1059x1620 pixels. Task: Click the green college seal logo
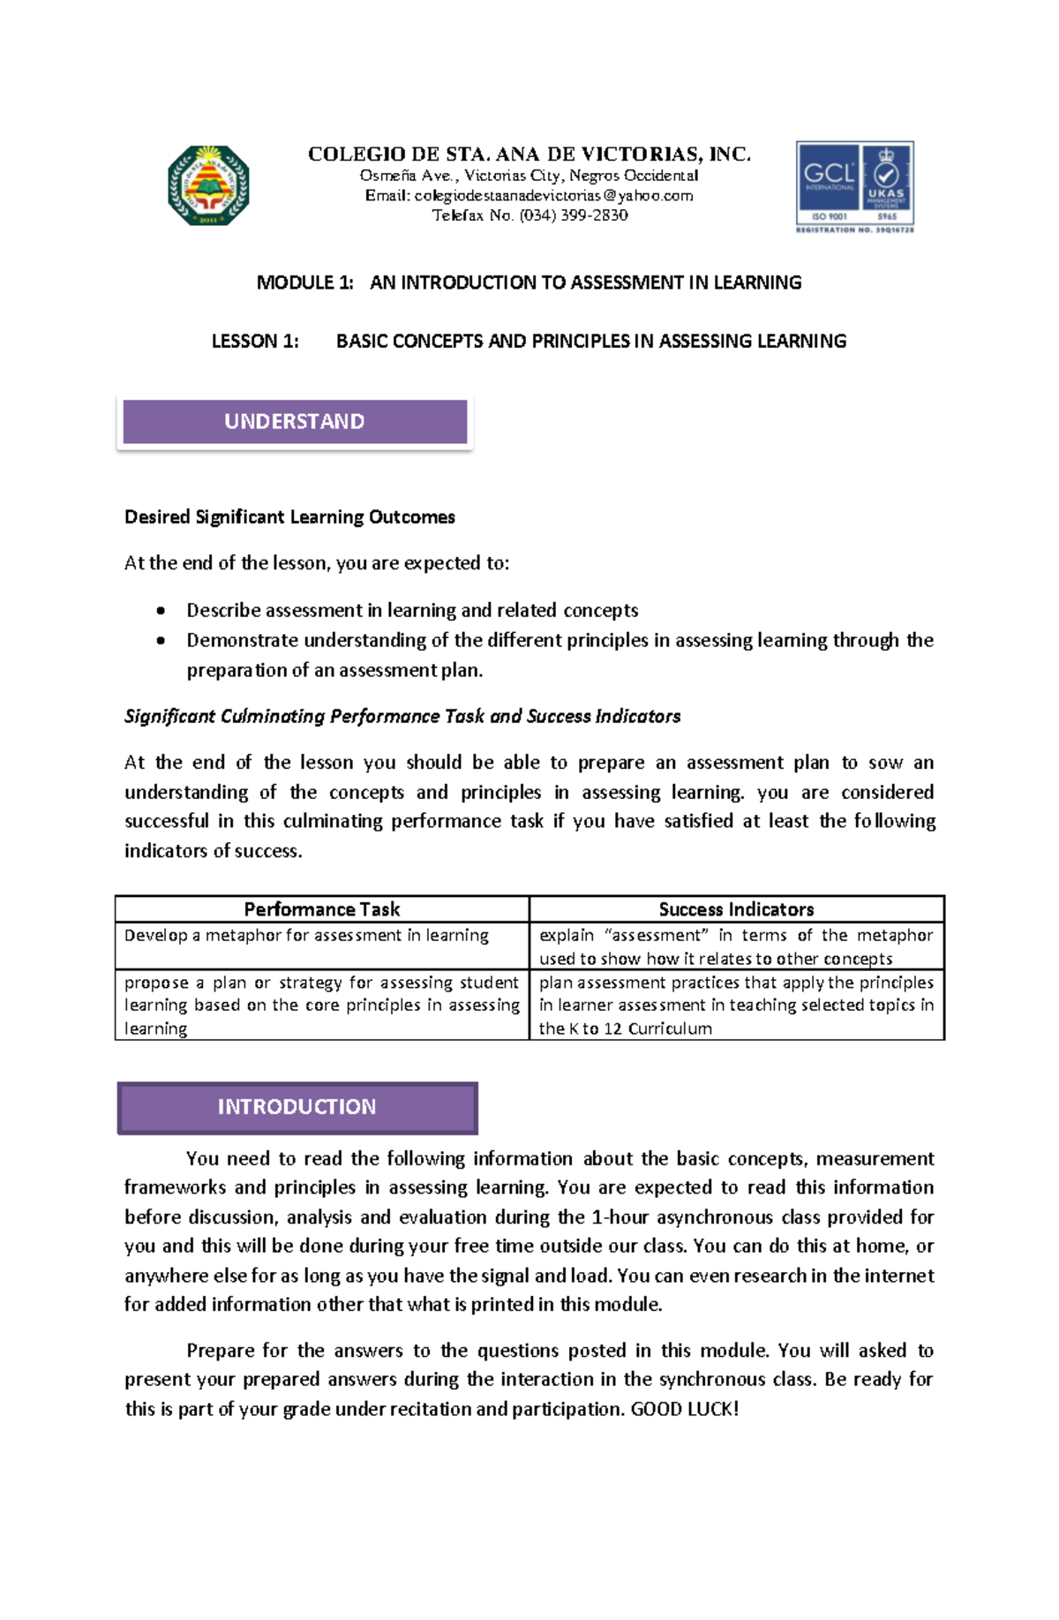pyautogui.click(x=208, y=185)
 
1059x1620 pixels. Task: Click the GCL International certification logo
pyautogui.click(x=854, y=186)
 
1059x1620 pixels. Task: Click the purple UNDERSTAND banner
pyautogui.click(x=295, y=421)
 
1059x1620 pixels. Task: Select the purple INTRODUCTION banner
pyautogui.click(x=297, y=1107)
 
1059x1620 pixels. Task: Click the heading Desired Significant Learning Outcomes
pyautogui.click(x=289, y=517)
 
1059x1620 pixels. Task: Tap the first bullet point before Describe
pyautogui.click(x=161, y=611)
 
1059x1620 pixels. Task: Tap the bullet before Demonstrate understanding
pyautogui.click(x=161, y=641)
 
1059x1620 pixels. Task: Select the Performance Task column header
pyautogui.click(x=321, y=909)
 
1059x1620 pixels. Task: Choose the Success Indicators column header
pyautogui.click(x=736, y=909)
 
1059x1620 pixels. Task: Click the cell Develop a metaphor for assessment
pyautogui.click(x=306, y=936)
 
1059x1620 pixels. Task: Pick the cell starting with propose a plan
pyautogui.click(x=321, y=1006)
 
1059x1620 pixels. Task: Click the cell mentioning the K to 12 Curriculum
pyautogui.click(x=736, y=1006)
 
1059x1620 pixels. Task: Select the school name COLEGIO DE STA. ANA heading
pyautogui.click(x=529, y=154)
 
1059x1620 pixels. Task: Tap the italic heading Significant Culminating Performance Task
pyautogui.click(x=402, y=716)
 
